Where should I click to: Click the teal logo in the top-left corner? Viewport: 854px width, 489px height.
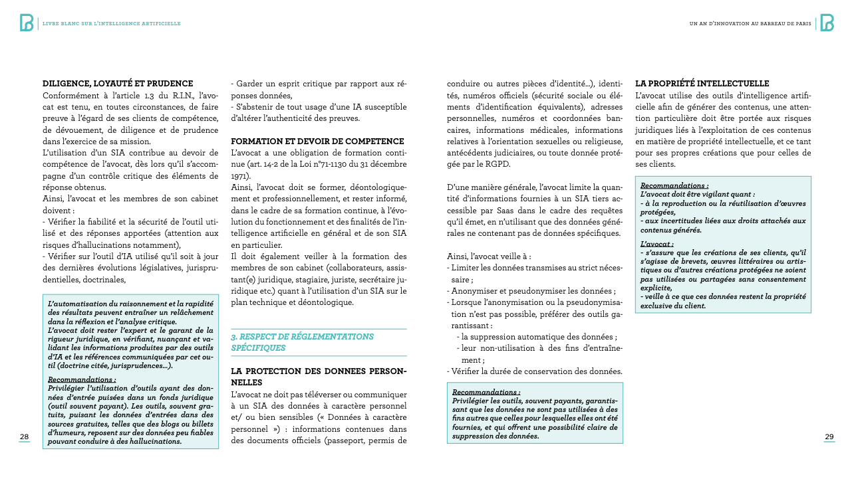coord(27,23)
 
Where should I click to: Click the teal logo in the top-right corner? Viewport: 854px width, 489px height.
coord(827,23)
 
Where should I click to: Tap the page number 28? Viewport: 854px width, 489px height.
coord(24,437)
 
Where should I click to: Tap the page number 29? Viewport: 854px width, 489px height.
coord(829,437)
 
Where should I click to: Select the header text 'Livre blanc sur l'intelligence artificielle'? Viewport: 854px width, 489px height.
coord(111,23)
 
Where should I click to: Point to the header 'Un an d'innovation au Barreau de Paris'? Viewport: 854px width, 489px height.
coord(750,23)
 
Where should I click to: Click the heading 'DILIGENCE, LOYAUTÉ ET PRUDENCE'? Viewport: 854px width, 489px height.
coord(118,84)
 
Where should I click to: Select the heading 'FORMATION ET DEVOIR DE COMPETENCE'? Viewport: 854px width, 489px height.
coord(317,142)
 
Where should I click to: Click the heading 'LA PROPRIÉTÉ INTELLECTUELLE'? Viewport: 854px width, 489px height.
coord(702,84)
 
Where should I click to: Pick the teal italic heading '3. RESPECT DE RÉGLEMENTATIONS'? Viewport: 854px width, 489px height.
coord(302,337)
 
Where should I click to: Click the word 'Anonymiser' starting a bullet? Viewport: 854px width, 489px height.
coord(477,290)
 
